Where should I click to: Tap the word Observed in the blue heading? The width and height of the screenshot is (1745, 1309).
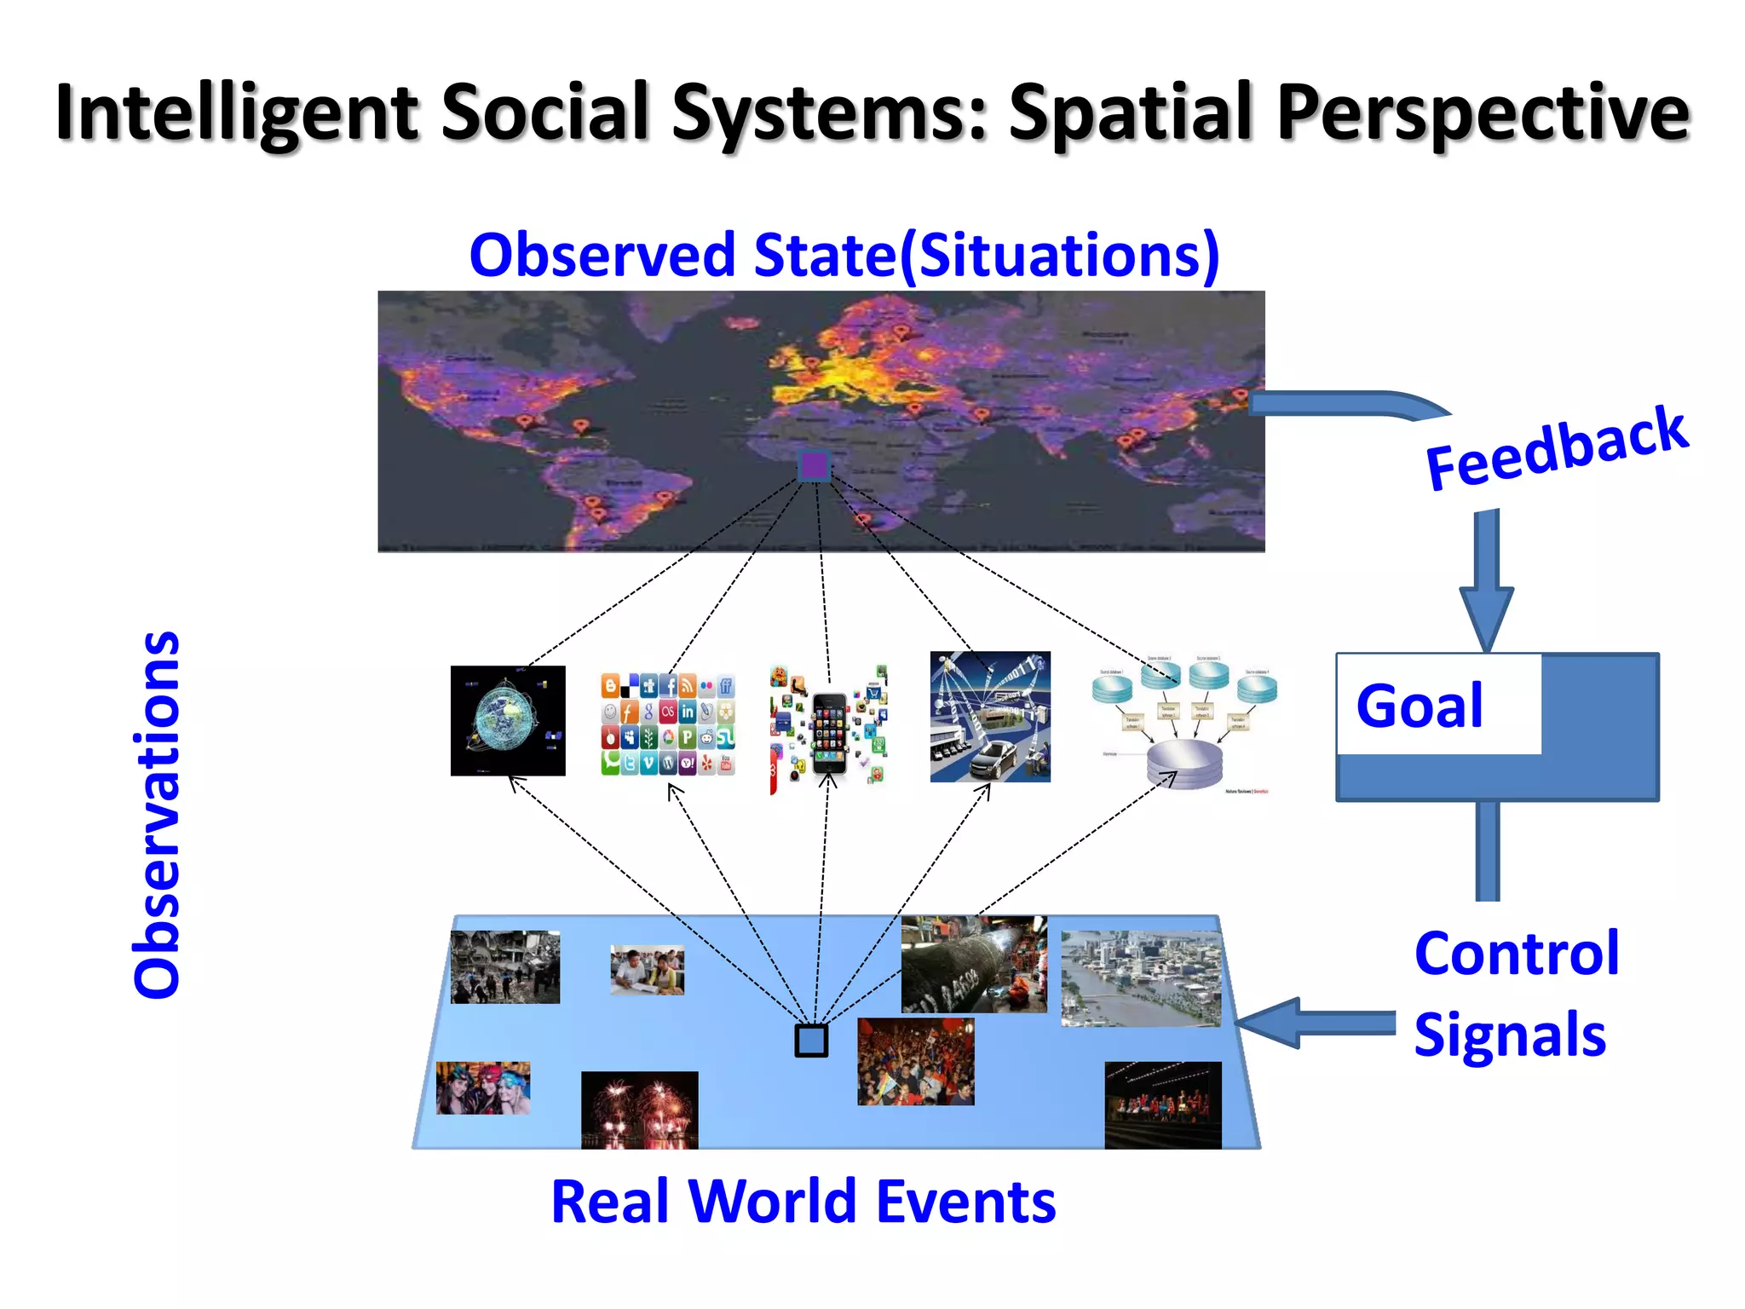click(602, 255)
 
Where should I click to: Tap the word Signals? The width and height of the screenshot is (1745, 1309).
click(1509, 1035)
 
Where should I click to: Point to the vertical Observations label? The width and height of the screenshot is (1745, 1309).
click(158, 814)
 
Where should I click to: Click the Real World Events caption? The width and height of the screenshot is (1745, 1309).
click(803, 1202)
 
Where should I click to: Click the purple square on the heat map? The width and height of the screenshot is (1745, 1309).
click(814, 466)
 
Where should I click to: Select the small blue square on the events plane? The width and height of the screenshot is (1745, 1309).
click(811, 1041)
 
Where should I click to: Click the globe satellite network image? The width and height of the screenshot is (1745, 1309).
click(508, 721)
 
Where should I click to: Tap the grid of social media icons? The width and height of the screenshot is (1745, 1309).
click(668, 724)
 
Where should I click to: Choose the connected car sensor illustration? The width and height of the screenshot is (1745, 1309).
click(990, 717)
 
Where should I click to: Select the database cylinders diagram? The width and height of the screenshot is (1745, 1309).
click(1185, 724)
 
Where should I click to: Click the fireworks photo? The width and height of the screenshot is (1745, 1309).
click(639, 1110)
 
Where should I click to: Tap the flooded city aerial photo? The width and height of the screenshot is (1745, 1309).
click(1141, 978)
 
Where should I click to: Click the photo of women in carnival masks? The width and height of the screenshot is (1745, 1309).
click(483, 1087)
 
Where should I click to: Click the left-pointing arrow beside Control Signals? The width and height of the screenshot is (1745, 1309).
click(1278, 1022)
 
